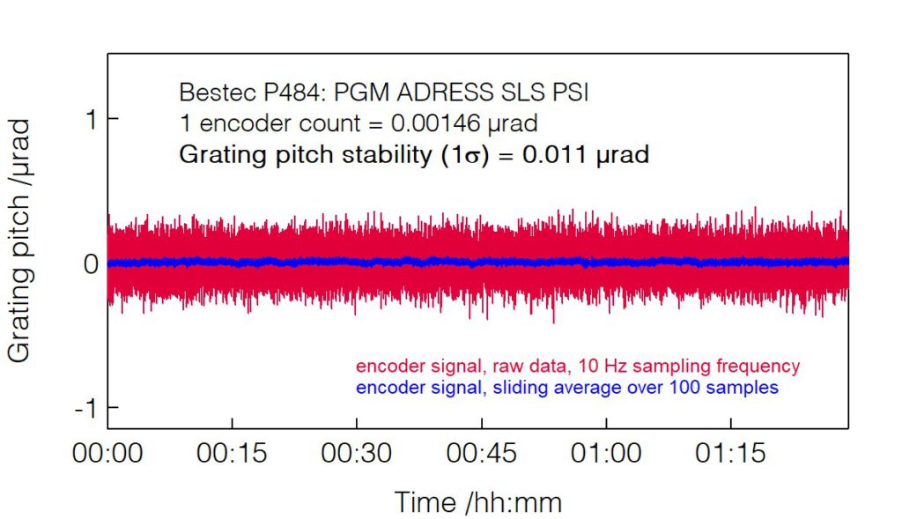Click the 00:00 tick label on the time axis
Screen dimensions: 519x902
(107, 454)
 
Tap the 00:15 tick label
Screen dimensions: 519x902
(232, 454)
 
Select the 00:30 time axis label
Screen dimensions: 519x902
(356, 454)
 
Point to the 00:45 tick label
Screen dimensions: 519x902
(481, 454)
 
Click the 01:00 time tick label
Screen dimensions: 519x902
(605, 454)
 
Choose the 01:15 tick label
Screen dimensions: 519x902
(730, 454)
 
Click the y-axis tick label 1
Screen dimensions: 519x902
(91, 119)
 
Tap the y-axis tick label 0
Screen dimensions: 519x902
(91, 263)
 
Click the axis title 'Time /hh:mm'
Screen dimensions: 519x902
(477, 501)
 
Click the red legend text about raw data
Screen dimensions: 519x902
(577, 366)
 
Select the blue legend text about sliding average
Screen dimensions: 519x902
(567, 387)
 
